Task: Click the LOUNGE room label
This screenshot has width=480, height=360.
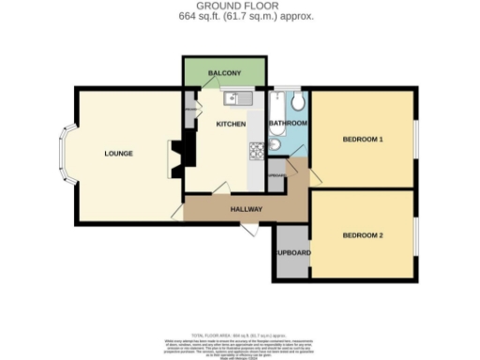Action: [118, 153]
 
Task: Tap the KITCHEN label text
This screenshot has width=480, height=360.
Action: [230, 124]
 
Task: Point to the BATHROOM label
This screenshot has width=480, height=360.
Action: [288, 123]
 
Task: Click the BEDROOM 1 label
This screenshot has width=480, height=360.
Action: [363, 140]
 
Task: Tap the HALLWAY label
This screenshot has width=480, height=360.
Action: [246, 209]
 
